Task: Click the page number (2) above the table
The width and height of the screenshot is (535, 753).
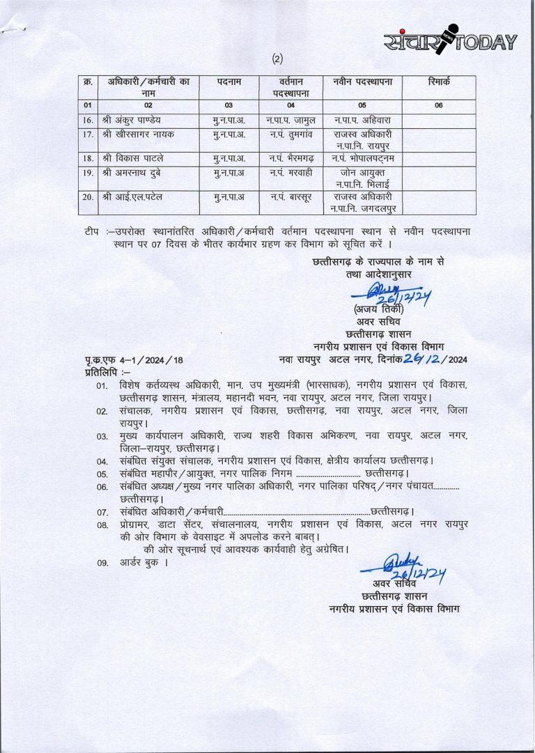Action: coord(278,60)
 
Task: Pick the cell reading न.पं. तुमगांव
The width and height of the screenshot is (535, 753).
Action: coord(291,134)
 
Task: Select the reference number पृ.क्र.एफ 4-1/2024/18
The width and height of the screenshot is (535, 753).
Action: coord(133,360)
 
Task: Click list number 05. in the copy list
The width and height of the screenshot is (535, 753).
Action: coord(102,474)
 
